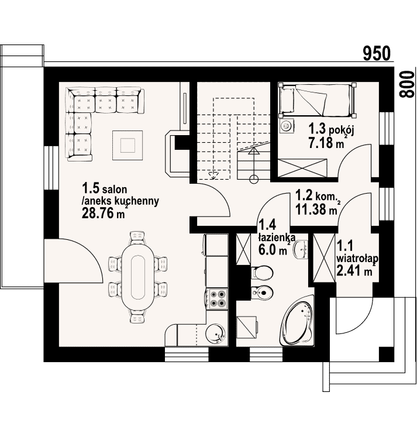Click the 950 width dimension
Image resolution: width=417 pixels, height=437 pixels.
[377, 53]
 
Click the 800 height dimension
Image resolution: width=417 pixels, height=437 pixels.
[406, 84]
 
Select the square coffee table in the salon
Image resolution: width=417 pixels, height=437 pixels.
[127, 146]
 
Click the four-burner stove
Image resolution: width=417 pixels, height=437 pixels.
[218, 298]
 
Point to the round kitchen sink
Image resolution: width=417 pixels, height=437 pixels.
[215, 334]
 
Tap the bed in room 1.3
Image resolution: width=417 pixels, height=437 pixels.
[318, 101]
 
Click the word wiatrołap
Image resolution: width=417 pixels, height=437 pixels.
[357, 259]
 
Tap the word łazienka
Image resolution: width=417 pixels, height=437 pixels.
[277, 238]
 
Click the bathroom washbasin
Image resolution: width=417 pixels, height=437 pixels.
[301, 249]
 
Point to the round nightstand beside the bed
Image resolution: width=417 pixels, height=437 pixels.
[287, 126]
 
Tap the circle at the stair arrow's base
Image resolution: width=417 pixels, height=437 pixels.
[253, 179]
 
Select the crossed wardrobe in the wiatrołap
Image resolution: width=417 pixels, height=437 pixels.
[324, 259]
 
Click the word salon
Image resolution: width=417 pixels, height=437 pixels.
[115, 190]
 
